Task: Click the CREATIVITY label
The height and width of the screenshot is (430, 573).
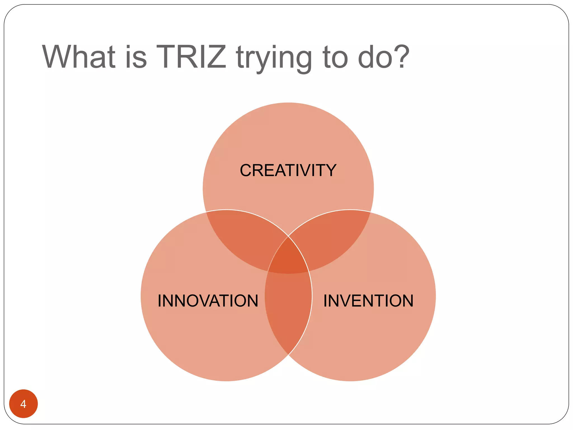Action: pos(288,170)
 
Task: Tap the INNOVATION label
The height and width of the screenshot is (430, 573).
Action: pos(208,301)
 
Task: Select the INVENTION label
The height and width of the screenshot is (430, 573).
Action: pos(368,301)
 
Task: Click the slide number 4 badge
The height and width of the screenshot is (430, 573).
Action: pos(24,404)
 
